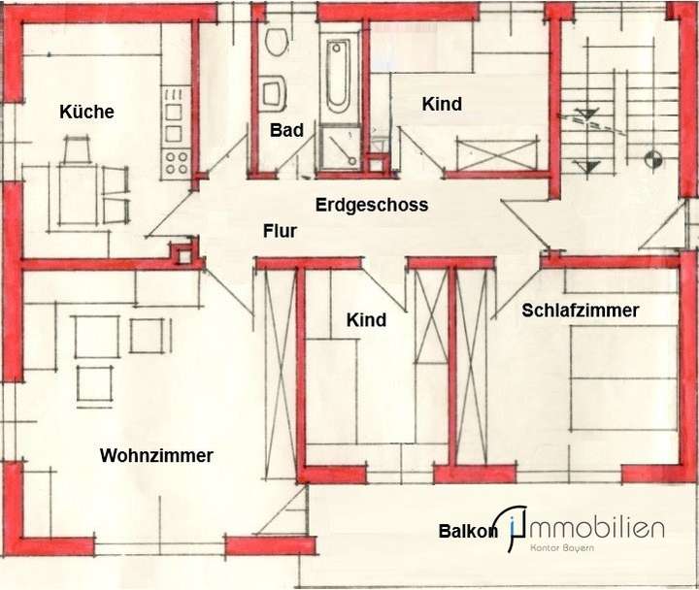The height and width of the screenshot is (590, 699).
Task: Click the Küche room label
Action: coord(86,112)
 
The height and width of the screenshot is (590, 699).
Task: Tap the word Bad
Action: coord(287,130)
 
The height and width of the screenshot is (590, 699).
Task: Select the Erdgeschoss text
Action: coord(372,205)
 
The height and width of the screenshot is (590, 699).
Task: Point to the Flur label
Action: coord(280,231)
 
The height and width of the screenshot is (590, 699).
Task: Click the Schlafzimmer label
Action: coord(580,311)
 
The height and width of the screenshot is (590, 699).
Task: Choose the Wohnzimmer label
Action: coord(156,455)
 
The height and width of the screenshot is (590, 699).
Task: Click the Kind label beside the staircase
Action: coord(441,104)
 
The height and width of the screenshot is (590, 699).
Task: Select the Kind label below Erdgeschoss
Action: coord(366,319)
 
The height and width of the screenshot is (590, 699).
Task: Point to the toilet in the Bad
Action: coord(276,44)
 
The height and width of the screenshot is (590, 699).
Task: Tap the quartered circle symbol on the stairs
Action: coord(651,154)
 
